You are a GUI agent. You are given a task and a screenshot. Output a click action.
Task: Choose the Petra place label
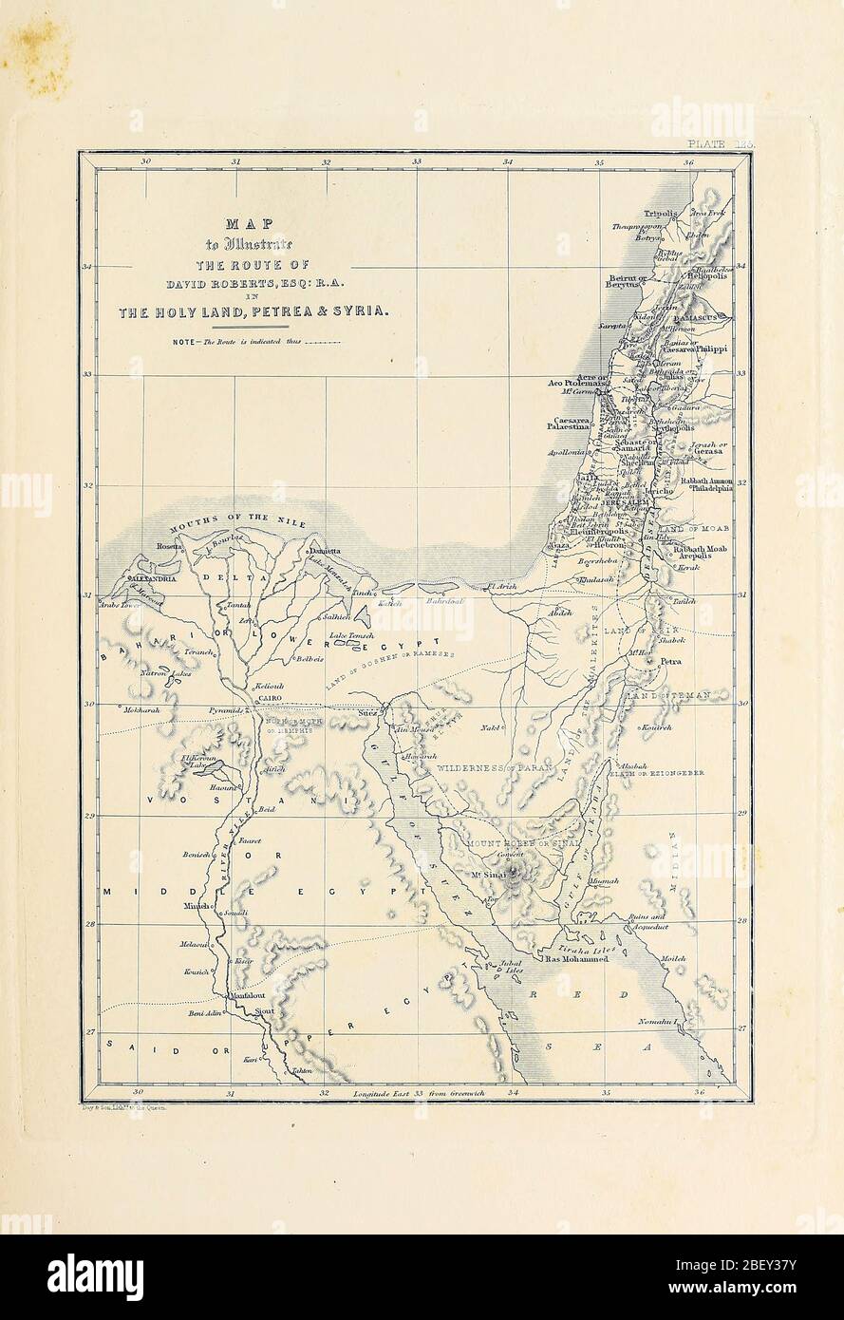coord(670,661)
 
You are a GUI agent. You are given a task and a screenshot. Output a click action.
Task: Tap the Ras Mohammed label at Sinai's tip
coord(576,959)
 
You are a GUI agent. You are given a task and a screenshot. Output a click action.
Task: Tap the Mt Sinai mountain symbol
coord(516,878)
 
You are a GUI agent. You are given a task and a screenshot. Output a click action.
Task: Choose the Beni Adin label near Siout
coord(205,1013)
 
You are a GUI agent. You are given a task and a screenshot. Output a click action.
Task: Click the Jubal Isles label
coord(510,966)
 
